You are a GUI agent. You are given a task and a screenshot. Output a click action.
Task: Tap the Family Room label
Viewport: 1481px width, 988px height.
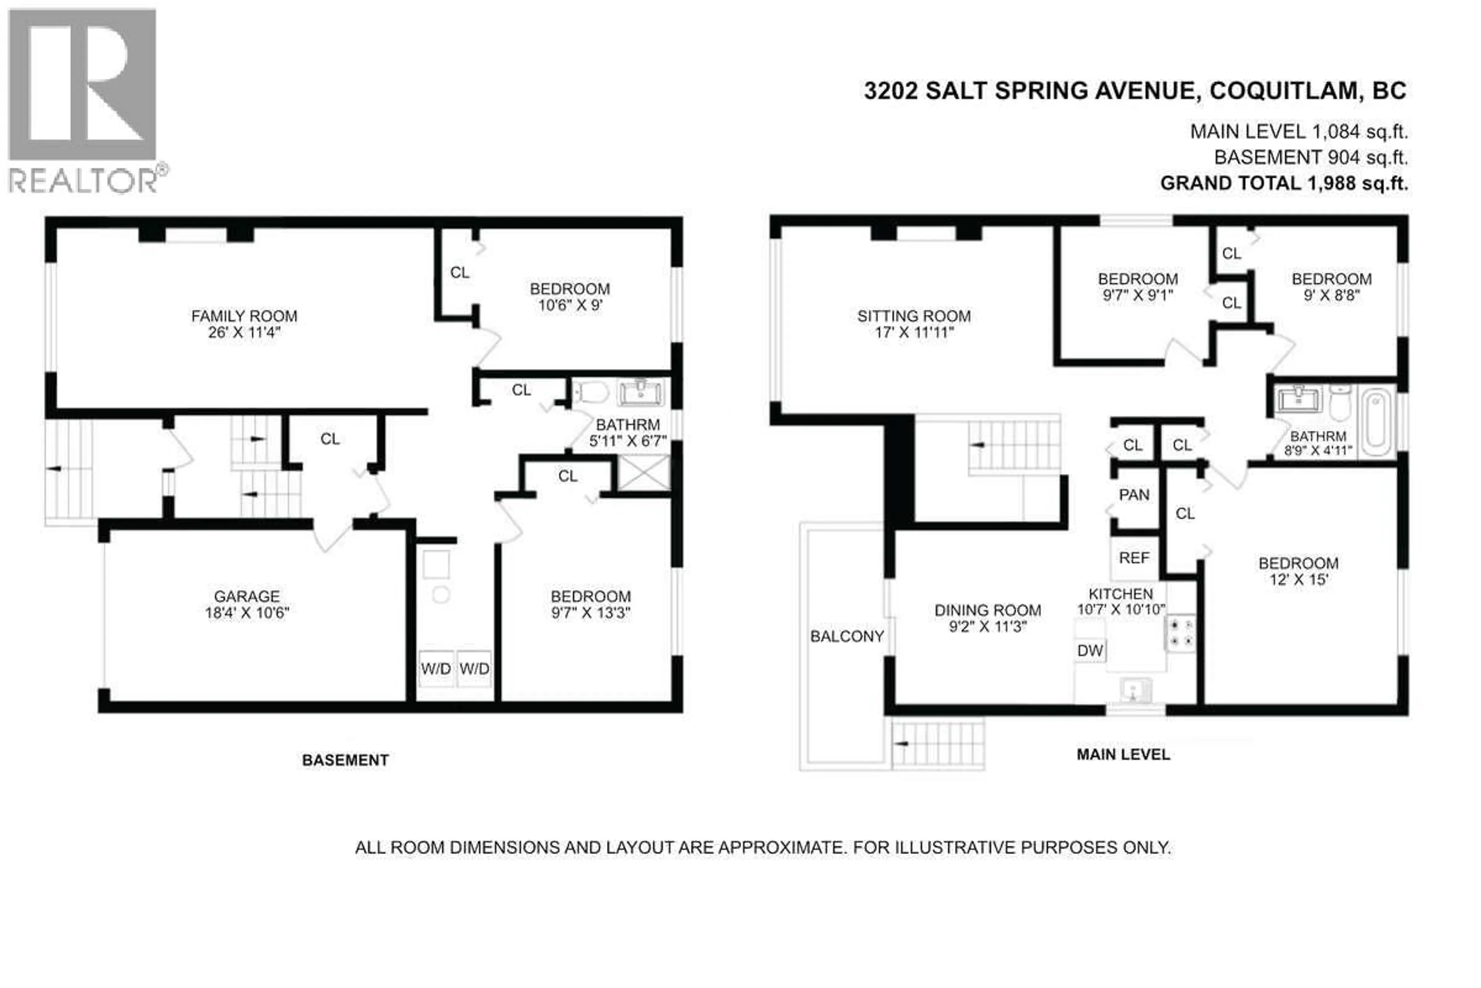pos(244,316)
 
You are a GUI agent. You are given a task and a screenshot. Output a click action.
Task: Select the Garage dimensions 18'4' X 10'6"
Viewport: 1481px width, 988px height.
pos(247,612)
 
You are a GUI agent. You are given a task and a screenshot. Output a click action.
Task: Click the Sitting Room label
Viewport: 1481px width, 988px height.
pos(914,316)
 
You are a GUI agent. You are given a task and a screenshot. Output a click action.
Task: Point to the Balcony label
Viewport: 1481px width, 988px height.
pos(847,636)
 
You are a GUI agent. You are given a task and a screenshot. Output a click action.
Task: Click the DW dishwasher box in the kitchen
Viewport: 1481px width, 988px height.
pos(1090,650)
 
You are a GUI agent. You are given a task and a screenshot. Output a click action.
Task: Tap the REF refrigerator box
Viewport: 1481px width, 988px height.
pos(1134,558)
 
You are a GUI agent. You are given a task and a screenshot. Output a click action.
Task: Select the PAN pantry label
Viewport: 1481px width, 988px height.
pos(1134,495)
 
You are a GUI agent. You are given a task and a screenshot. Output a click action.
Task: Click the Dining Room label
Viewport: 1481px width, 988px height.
pos(987,610)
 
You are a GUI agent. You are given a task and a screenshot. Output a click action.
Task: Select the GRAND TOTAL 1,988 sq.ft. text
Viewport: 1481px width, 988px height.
pos(1284,183)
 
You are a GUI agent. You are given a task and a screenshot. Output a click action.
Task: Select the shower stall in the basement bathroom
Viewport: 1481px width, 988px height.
pos(644,472)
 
